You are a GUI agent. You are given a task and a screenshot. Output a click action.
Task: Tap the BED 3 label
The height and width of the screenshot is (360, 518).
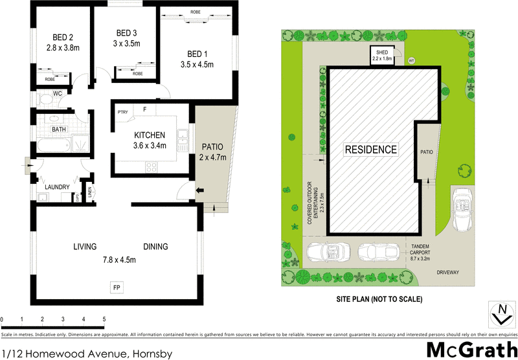point(126,33)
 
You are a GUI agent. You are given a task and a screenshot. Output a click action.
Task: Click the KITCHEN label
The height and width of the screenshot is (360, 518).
point(150,135)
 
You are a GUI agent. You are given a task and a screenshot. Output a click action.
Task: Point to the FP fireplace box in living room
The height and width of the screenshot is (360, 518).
point(117,286)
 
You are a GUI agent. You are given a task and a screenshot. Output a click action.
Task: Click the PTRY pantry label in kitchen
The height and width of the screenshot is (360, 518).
point(122,113)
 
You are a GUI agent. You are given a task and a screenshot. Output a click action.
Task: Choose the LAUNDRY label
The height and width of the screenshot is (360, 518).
point(57,187)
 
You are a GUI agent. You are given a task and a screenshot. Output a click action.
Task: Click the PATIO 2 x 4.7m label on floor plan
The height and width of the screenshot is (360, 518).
point(212,151)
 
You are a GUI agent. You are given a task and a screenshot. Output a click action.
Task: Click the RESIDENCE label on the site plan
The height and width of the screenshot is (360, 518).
point(370,150)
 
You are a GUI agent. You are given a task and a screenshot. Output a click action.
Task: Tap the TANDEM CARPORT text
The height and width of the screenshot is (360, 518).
point(423,253)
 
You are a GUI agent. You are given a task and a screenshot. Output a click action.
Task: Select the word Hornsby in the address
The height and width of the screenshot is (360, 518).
point(153,353)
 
